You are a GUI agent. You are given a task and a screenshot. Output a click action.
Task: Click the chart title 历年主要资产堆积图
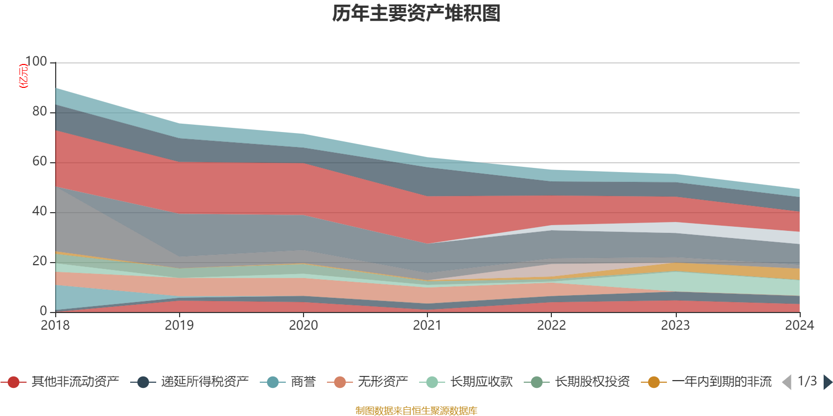coord(416,14)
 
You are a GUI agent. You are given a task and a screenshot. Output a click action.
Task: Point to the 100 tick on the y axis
coord(36,61)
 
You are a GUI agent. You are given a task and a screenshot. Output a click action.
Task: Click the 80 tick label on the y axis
coord(40,111)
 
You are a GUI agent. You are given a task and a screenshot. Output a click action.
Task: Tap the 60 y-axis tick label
coord(40,161)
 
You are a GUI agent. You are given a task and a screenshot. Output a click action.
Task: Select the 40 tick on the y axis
coord(40,211)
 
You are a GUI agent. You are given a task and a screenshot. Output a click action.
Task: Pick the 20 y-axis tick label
coord(40,261)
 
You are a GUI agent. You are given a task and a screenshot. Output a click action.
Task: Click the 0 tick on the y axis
coord(43,311)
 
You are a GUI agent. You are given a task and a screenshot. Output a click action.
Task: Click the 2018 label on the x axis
coord(55,326)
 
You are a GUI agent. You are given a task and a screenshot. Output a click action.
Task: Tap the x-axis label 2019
coord(179,326)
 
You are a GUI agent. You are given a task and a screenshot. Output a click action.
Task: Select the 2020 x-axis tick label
coord(303,326)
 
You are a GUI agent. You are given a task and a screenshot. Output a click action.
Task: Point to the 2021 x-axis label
coord(427,326)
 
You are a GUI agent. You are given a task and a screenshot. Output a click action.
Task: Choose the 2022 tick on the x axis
coord(551,326)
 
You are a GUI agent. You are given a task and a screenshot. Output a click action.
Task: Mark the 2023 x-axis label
coord(675,326)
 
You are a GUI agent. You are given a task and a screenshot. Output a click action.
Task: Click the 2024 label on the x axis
coord(799,326)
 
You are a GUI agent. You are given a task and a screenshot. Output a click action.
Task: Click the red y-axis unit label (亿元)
coord(23,76)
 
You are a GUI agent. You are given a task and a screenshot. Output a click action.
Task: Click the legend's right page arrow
coord(827,382)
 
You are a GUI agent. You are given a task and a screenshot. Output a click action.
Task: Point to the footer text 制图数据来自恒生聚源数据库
coord(416,411)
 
